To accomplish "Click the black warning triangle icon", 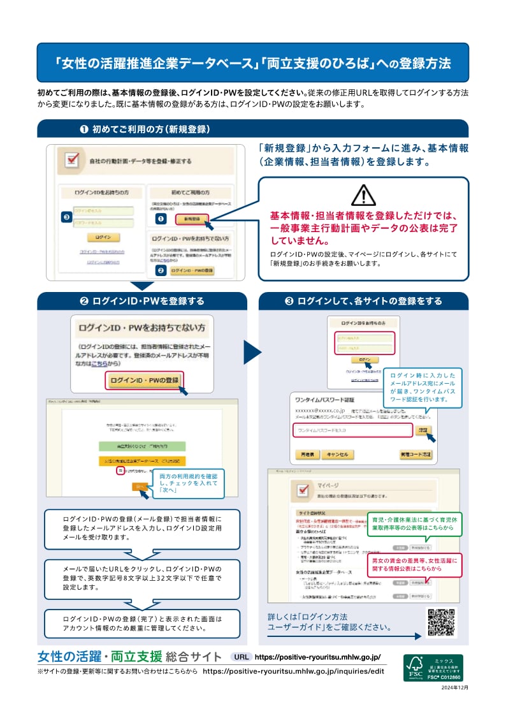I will pos(364,194).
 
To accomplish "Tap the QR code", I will pos(441,624).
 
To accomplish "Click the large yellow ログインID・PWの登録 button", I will pos(145,381).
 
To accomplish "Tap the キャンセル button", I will pos(336,455).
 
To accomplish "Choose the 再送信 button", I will pos(302,455).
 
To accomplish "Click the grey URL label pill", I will pos(241,657).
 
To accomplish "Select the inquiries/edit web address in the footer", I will pos(293,671).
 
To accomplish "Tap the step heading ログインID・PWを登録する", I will pos(142,301).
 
